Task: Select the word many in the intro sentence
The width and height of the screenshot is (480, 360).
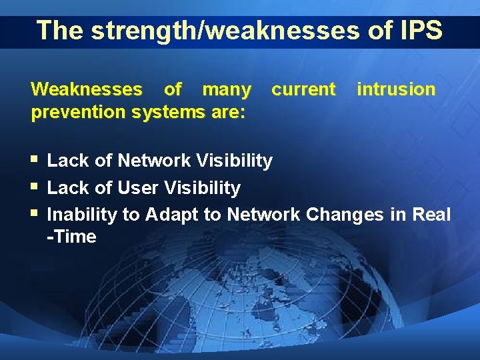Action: pos(227,89)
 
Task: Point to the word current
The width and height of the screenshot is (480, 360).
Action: pos(303,89)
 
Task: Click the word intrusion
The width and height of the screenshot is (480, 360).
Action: pos(396,89)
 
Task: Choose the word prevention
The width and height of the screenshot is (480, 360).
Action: pos(79,111)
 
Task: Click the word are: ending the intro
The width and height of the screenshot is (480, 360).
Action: pos(229,111)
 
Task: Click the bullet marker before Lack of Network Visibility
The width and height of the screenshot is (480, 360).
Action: pos(34,160)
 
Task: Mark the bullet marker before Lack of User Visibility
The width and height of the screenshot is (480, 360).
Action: pos(34,187)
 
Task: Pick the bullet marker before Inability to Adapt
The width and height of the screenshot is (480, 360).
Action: pos(34,215)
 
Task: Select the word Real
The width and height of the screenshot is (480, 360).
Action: pos(432,215)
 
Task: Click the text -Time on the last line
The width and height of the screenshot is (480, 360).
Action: pos(72,237)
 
